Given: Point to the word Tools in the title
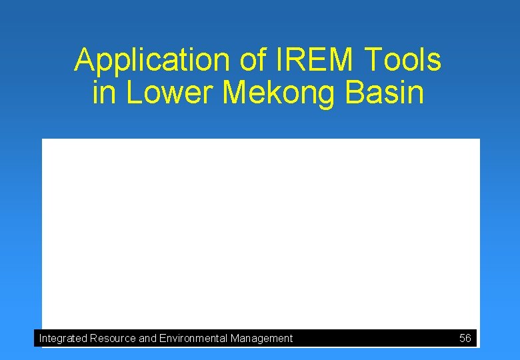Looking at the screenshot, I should tap(403, 61).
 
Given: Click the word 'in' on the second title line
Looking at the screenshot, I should tap(104, 93).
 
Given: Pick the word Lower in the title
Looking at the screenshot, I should tap(170, 93).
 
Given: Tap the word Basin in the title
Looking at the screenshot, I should tap(385, 93).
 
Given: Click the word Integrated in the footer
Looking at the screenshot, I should tap(63, 339).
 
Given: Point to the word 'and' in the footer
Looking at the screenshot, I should tap(147, 339).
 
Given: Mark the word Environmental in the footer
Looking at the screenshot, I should tap(193, 339).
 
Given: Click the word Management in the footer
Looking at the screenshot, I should tap(261, 339).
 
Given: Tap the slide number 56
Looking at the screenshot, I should tap(465, 339).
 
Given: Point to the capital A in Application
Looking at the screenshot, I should tap(83, 61).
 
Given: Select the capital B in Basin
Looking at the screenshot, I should tap(355, 93).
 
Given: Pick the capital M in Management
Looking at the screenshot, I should tap(235, 339).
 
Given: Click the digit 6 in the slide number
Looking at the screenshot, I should tap(468, 339).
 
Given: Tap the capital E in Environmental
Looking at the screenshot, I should tap(163, 339).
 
